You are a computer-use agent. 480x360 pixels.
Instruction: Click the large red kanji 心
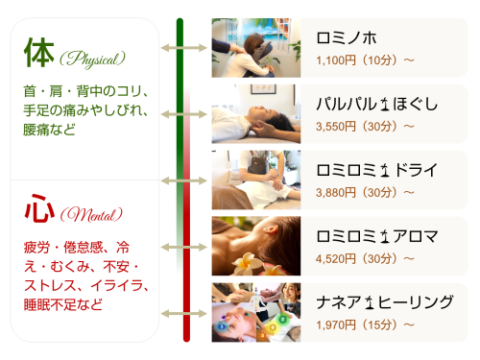(x=38, y=207)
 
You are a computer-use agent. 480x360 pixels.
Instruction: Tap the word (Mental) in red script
(x=91, y=212)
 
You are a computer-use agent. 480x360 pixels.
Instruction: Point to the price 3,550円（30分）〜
(x=364, y=126)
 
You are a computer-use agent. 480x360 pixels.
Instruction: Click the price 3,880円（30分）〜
(x=364, y=192)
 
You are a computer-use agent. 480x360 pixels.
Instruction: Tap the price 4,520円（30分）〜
(x=364, y=258)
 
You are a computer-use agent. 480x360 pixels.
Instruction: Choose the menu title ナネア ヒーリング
(x=384, y=302)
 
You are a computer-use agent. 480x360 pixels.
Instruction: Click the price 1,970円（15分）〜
(x=364, y=324)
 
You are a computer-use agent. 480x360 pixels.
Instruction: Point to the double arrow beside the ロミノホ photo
(x=180, y=47)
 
